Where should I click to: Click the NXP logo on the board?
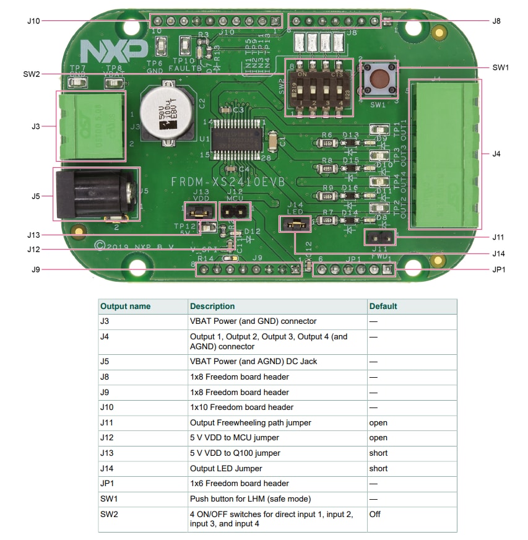tap(114, 50)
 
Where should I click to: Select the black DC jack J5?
tap(93, 193)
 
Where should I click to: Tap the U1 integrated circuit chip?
tap(236, 137)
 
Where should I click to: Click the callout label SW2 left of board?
tap(31, 74)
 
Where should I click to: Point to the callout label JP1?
tap(499, 270)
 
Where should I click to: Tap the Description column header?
tap(212, 306)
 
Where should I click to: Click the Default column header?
tap(383, 306)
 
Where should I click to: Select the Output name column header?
tap(125, 306)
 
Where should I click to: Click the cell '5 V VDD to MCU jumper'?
tap(235, 438)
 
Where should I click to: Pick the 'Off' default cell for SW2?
tap(375, 514)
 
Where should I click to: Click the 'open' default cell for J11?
tap(378, 423)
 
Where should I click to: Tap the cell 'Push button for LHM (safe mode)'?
tap(251, 499)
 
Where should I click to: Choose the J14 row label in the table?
tap(108, 468)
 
